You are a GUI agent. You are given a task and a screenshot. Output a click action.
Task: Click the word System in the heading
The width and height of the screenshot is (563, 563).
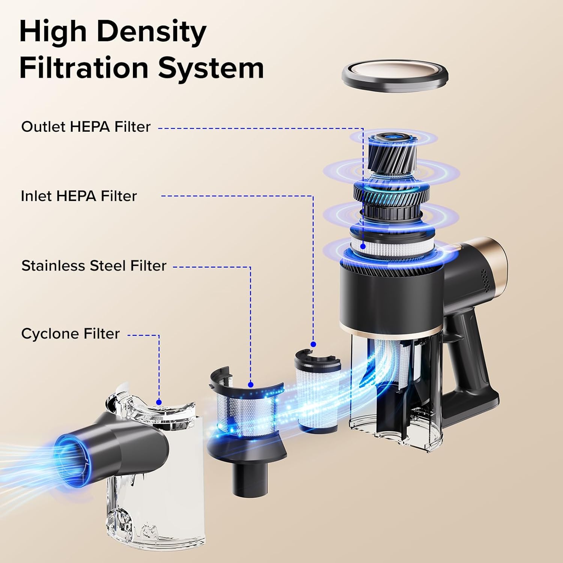tap(211, 68)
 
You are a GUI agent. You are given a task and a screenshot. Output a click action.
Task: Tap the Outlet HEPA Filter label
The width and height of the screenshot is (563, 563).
tap(86, 127)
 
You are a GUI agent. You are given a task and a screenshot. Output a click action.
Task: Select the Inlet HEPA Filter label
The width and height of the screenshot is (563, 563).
tap(79, 196)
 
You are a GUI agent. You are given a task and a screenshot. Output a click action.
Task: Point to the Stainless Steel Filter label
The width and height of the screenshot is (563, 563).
tap(94, 266)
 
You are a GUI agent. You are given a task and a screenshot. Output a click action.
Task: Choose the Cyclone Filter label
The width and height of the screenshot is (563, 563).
tap(71, 334)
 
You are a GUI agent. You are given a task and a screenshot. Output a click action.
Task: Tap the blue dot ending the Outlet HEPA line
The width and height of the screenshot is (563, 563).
tap(363, 246)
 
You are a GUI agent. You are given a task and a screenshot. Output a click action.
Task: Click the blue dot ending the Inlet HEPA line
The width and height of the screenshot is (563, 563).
tap(313, 344)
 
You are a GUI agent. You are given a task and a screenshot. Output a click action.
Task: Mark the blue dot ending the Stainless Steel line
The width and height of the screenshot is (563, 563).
tap(251, 384)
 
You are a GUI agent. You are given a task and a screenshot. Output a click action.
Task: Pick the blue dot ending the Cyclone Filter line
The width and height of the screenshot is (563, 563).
tap(159, 402)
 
